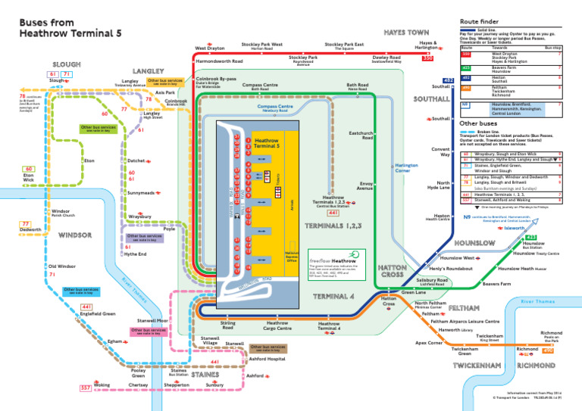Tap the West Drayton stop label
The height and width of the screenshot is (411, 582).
[x=210, y=49]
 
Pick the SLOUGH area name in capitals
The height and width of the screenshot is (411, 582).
[x=66, y=64]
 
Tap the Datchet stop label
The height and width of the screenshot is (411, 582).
[x=136, y=160]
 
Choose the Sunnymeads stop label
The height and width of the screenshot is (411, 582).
[x=139, y=193]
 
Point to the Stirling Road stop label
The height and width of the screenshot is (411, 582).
[x=227, y=325]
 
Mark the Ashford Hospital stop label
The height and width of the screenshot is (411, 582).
[x=267, y=359]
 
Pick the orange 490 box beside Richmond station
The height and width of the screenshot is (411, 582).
[x=548, y=351]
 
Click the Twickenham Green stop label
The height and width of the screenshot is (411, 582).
[x=465, y=352]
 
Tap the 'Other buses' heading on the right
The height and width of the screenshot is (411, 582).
[x=479, y=123]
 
